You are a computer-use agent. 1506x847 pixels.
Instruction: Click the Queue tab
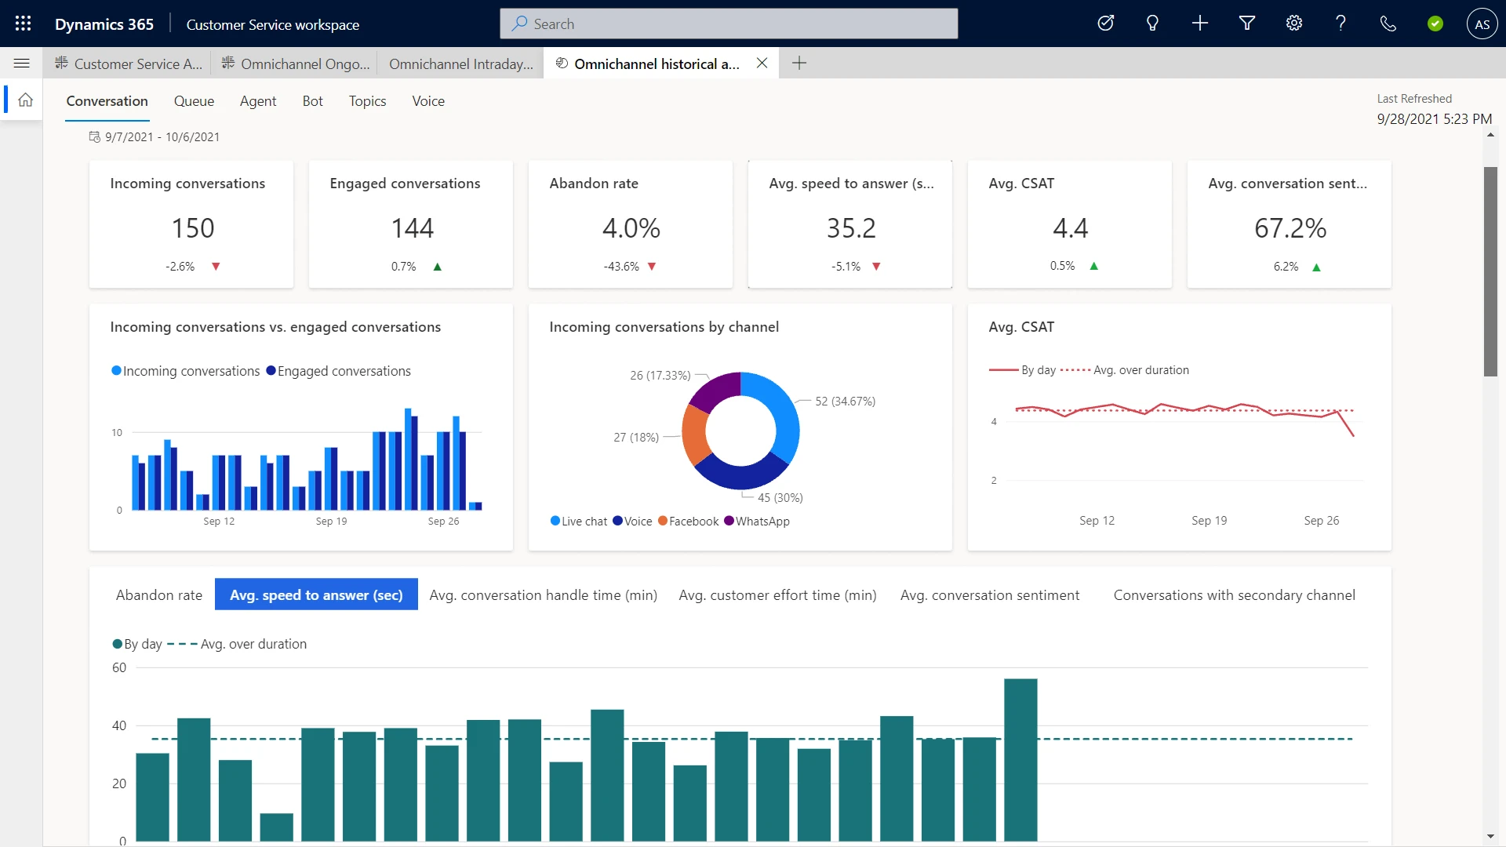click(x=194, y=101)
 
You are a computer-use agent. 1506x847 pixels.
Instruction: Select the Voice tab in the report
click(x=428, y=101)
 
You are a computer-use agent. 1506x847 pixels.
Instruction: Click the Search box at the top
click(x=729, y=24)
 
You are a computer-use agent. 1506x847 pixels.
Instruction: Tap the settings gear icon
click(x=1293, y=24)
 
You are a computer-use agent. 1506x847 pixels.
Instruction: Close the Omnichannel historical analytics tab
click(x=762, y=64)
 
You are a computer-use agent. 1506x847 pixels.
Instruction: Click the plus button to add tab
click(x=799, y=64)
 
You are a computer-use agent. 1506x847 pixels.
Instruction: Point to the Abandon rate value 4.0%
click(x=631, y=228)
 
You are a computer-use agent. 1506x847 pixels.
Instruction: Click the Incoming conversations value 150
click(x=192, y=228)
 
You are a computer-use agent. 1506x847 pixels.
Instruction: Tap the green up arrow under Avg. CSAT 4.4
click(x=1093, y=267)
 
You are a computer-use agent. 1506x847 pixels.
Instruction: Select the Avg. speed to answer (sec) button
click(x=316, y=595)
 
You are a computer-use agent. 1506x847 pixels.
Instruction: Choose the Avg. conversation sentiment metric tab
click(x=989, y=595)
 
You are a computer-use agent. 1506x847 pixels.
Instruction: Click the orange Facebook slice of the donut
click(x=694, y=435)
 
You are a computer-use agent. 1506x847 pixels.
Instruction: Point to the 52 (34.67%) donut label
click(x=845, y=402)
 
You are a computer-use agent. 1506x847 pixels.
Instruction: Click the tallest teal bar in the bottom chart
click(x=1020, y=759)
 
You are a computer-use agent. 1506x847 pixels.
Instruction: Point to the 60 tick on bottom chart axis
click(x=119, y=668)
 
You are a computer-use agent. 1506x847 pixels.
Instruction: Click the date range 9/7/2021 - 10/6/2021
click(x=162, y=137)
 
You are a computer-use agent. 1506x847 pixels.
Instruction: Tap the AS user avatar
click(x=1482, y=24)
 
